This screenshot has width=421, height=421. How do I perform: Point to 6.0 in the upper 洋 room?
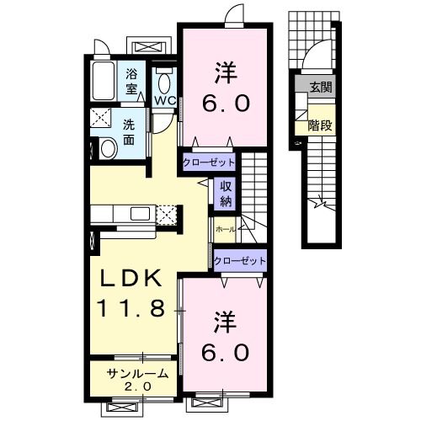(224, 104)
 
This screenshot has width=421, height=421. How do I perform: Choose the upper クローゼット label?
(207, 162)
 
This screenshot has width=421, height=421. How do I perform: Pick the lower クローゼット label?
(239, 261)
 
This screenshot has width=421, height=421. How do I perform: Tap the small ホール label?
(225, 228)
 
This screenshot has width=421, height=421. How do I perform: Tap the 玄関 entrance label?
(321, 87)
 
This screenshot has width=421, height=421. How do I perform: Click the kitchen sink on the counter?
(139, 214)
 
